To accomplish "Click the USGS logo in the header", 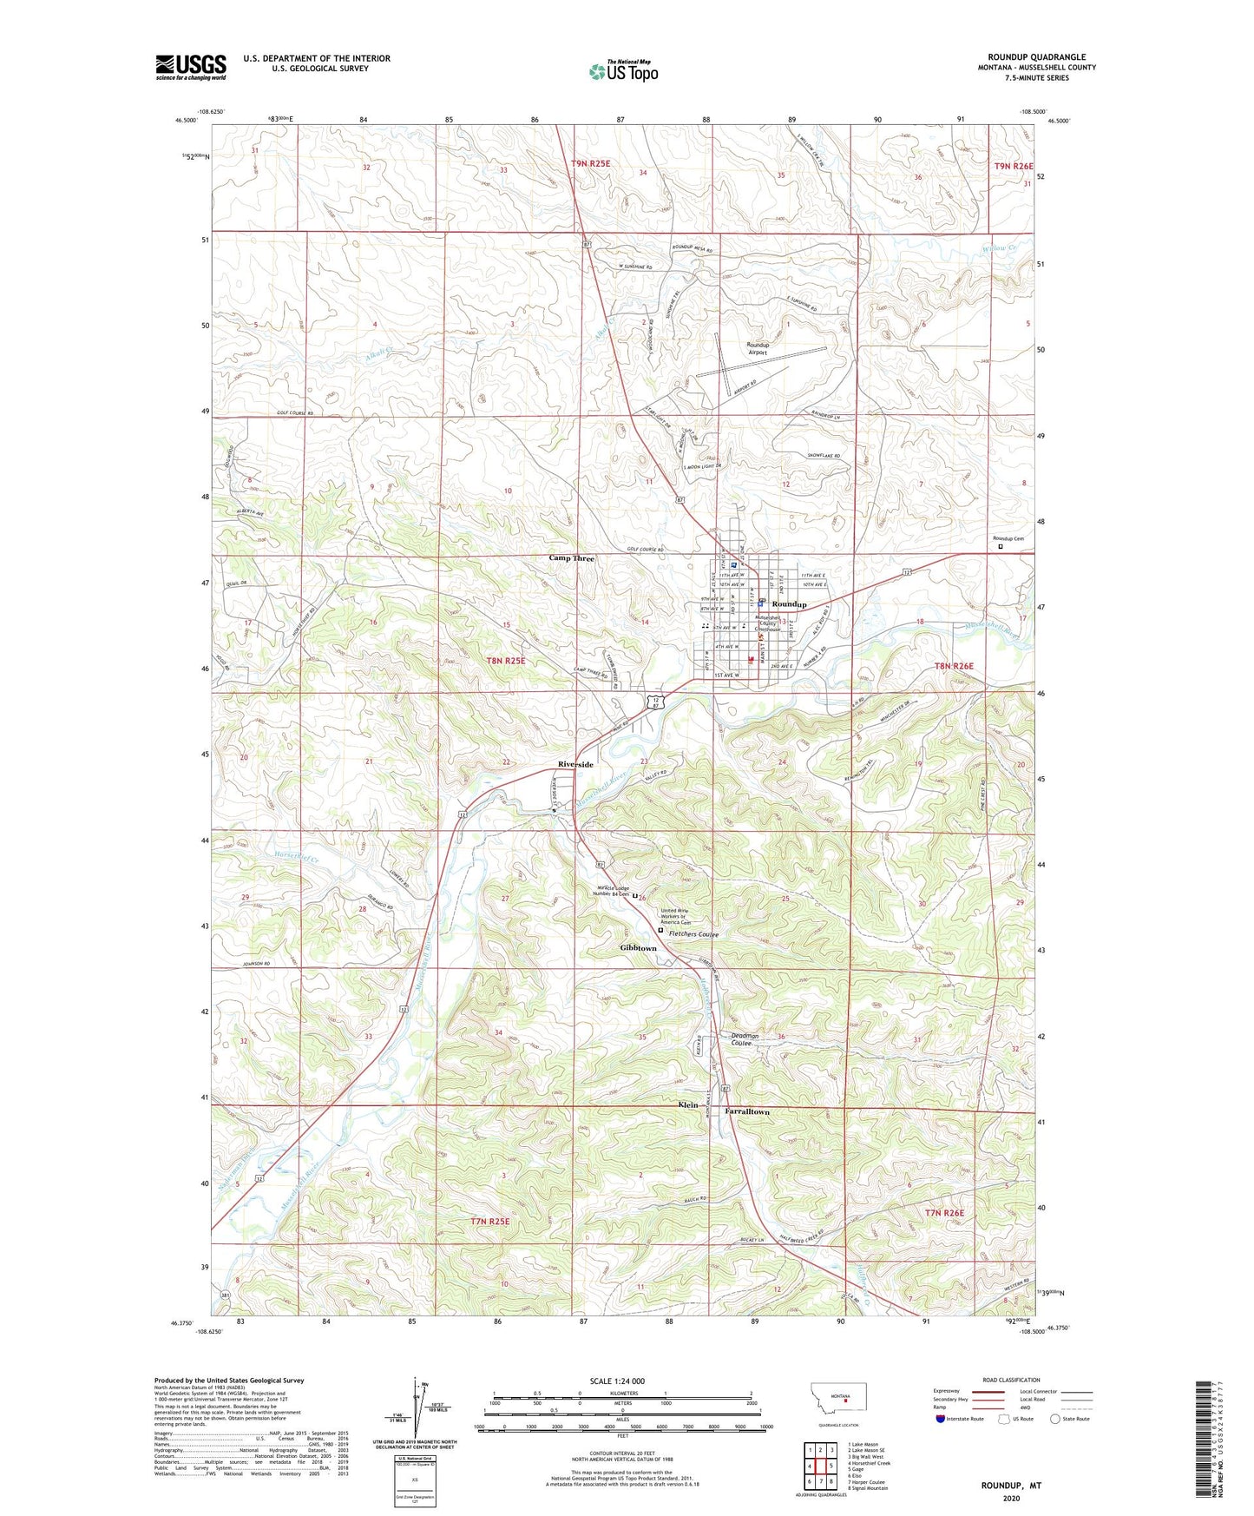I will coord(191,67).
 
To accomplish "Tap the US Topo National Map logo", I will coord(623,71).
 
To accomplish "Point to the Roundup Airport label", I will coord(758,348).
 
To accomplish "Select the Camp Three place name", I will coord(571,558).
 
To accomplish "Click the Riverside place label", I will coord(575,764).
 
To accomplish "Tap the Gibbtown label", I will coord(638,948).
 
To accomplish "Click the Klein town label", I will coord(687,1105).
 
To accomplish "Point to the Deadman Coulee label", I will coord(745,1039).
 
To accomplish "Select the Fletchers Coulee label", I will coord(693,934).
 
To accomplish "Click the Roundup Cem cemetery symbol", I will coord(1000,547).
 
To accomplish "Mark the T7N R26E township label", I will coord(944,1213).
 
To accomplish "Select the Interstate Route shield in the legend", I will coord(942,1419).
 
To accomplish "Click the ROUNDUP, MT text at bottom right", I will coord(1011,1486).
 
